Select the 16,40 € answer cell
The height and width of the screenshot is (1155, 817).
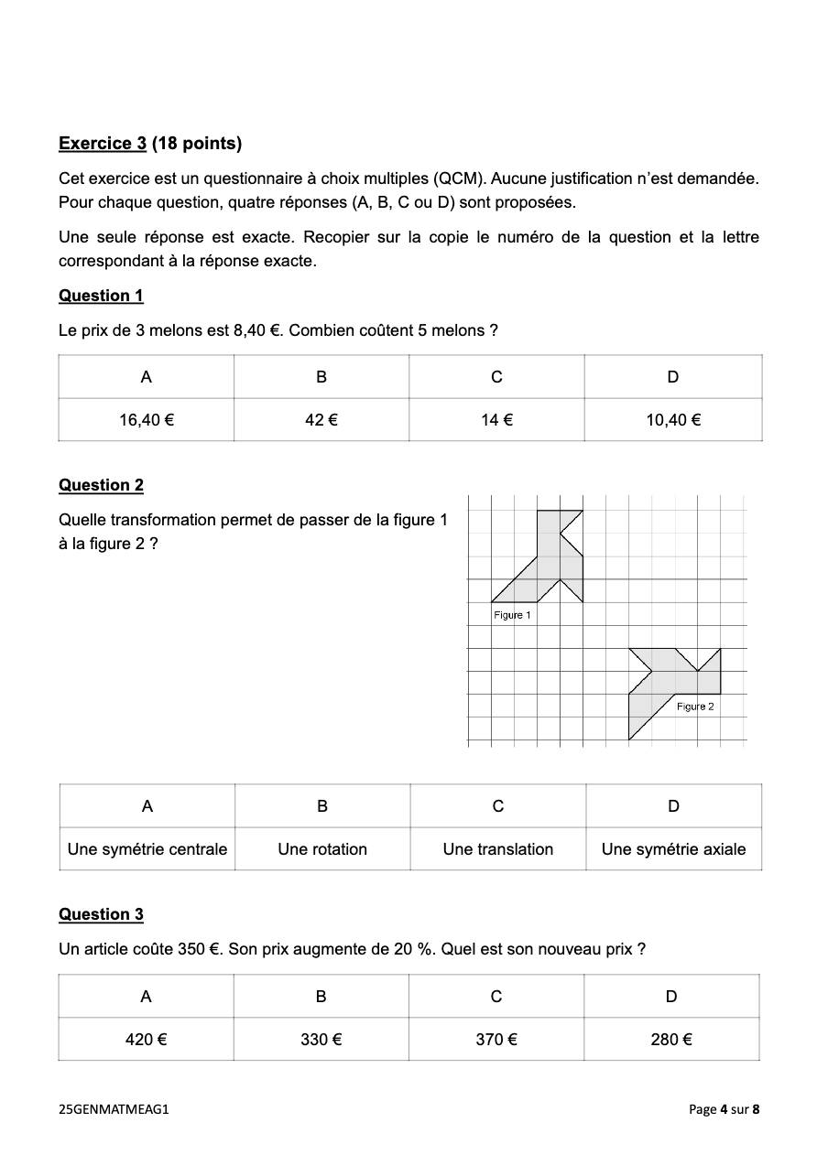[x=147, y=420]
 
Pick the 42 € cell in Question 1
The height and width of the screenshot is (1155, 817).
[x=321, y=420]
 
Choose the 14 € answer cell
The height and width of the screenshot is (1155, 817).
[x=496, y=420]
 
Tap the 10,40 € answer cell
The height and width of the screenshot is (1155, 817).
[x=673, y=420]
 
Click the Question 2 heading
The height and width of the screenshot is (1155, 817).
[x=101, y=485]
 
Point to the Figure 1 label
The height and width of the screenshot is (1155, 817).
[x=512, y=615]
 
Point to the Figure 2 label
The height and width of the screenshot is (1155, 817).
[x=695, y=707]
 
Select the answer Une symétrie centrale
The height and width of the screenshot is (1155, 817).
[x=147, y=849]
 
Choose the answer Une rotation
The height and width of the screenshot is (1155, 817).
[x=322, y=849]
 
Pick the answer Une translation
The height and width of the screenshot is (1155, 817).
[x=498, y=849]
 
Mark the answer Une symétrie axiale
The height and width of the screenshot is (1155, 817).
[x=673, y=849]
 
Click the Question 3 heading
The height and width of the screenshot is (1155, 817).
[x=101, y=914]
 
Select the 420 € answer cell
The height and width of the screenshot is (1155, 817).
[x=146, y=1040]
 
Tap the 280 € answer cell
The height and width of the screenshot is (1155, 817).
[x=671, y=1040]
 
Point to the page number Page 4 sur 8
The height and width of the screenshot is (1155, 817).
[x=724, y=1109]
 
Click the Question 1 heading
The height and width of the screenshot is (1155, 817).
[x=101, y=296]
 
